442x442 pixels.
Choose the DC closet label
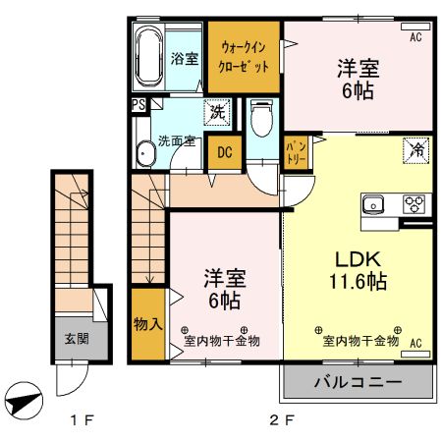click(x=224, y=152)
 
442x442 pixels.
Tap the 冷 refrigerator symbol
click(x=416, y=151)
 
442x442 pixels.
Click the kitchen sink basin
click(x=374, y=205)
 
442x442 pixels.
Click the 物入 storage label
click(x=147, y=322)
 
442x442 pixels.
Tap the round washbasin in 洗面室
click(x=145, y=155)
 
